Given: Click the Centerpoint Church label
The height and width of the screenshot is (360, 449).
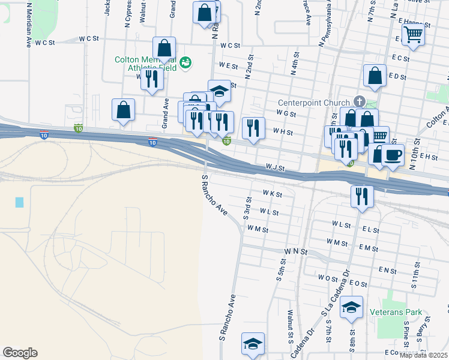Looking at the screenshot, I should coord(315,102).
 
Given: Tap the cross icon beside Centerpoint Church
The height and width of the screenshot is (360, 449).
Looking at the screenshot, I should coord(359,101).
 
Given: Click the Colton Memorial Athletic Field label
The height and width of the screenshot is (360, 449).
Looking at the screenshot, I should coord(146,64).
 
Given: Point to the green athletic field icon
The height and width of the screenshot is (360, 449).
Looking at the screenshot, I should coord(185,62).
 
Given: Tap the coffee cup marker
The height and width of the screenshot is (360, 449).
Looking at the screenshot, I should coord(393,155).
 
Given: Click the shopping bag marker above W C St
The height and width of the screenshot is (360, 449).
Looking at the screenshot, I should coord(164,48).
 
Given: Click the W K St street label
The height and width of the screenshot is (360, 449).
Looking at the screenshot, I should coord(272,194).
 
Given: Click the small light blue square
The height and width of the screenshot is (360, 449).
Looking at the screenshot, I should coord(20,202).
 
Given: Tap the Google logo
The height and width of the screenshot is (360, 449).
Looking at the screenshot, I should coord(20,353).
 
